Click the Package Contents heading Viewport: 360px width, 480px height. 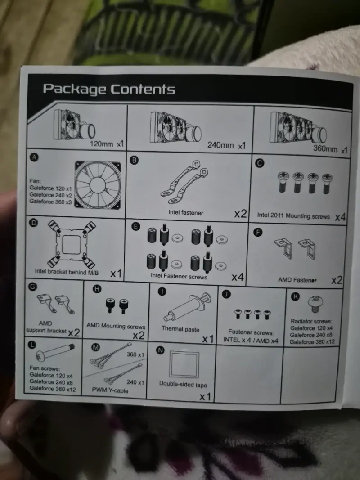tap(109, 89)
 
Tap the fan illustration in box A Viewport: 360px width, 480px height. tap(98, 185)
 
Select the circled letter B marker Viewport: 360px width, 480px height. tap(134, 160)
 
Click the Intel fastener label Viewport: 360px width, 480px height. tap(185, 212)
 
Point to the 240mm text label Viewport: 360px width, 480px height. tap(220, 145)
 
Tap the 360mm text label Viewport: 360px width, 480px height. tap(325, 149)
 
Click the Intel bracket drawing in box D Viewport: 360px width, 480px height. tap(72, 244)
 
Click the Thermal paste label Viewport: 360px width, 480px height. tap(180, 329)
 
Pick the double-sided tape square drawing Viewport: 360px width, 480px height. tap(184, 364)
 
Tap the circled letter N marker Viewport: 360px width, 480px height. tap(160, 350)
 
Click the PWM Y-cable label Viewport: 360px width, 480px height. tap(110, 390)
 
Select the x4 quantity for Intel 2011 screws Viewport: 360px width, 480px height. tap(340, 217)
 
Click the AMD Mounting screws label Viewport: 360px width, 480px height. tap(116, 326)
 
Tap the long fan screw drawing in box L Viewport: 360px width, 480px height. tap(55, 352)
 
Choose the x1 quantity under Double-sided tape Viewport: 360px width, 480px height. tap(205, 397)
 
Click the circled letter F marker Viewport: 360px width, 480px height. tap(258, 232)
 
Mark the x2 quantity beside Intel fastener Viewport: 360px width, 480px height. tap(240, 214)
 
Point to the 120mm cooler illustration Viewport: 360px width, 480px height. tap(74, 126)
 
